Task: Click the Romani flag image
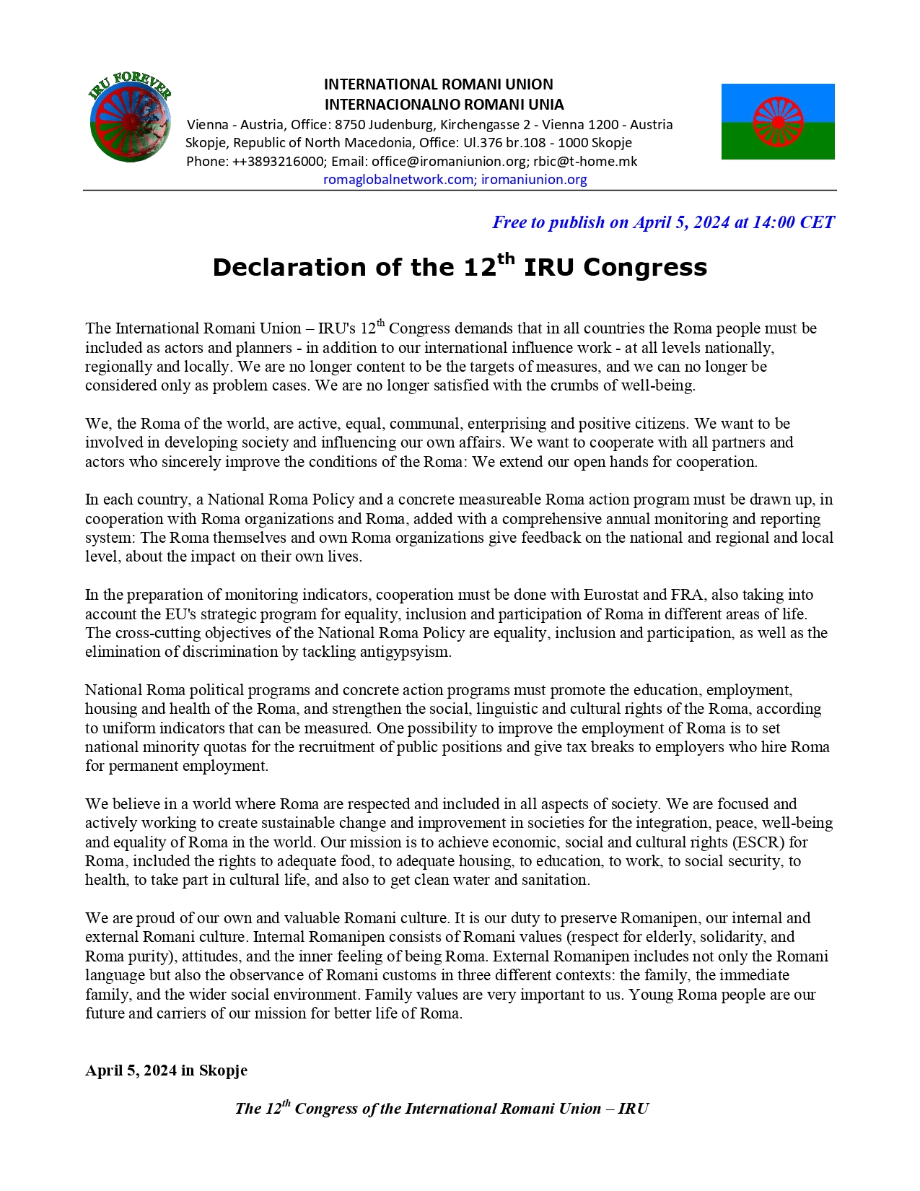(x=778, y=121)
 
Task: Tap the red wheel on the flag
(x=778, y=121)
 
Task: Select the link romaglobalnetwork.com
(x=398, y=180)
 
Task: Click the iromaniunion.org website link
(x=534, y=180)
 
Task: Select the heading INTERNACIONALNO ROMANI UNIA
(x=444, y=105)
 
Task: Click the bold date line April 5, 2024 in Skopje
(x=166, y=1070)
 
